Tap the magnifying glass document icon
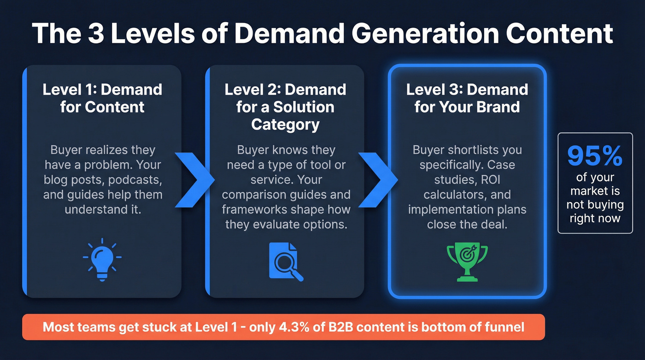(x=285, y=261)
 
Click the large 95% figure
(x=595, y=156)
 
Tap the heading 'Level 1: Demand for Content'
(x=102, y=98)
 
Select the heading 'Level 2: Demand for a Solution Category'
(x=285, y=106)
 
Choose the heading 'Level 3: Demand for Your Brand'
(x=467, y=98)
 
